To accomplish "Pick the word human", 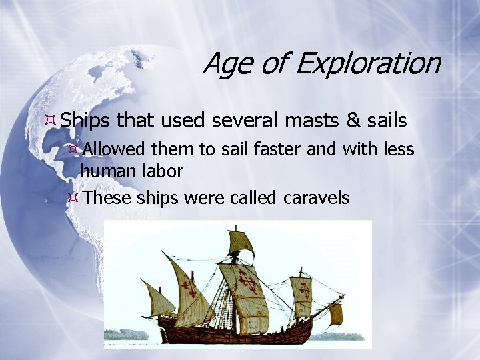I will (x=107, y=171).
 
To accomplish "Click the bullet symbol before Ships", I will (x=50, y=121).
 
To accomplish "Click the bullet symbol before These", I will (x=74, y=198).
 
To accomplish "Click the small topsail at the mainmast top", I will (x=240, y=243).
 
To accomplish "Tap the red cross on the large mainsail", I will (x=248, y=282).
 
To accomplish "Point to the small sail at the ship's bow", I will (x=335, y=313).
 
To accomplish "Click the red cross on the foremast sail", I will (x=302, y=291).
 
